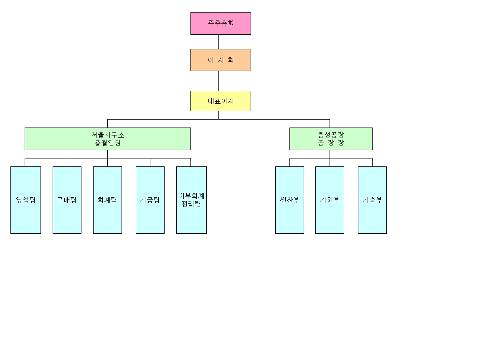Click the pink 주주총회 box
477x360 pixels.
point(221,23)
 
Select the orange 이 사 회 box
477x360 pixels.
point(221,60)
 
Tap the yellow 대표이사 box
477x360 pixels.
point(221,101)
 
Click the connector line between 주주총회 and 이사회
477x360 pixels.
point(218,42)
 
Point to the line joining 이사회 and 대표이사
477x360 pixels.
point(218,81)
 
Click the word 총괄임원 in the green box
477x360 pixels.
point(108,143)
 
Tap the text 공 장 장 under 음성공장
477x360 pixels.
point(331,143)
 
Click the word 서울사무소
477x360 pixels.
point(108,135)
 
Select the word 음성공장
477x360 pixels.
point(331,135)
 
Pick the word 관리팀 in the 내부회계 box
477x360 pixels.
point(191,204)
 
